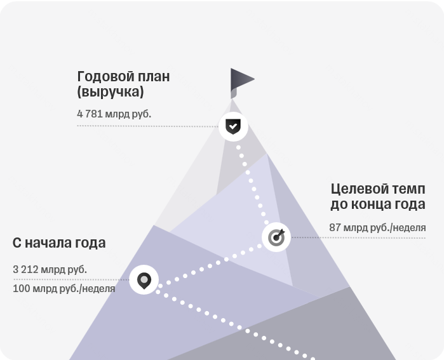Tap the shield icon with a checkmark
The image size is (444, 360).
pos(233,126)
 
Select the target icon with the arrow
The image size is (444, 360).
pos(276,237)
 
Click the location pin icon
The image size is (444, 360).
pos(144,280)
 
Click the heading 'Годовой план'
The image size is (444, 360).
pos(123,76)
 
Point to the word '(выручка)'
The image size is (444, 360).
pos(111,91)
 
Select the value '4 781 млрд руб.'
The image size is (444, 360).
pos(114,114)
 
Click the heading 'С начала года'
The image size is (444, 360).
pos(59,243)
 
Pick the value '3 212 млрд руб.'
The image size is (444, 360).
pos(50,269)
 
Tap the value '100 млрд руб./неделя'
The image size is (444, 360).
pos(64,289)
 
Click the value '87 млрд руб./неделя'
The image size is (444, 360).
pos(377,227)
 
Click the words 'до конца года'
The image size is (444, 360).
pos(378,204)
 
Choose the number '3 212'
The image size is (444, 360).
pos(25,269)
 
